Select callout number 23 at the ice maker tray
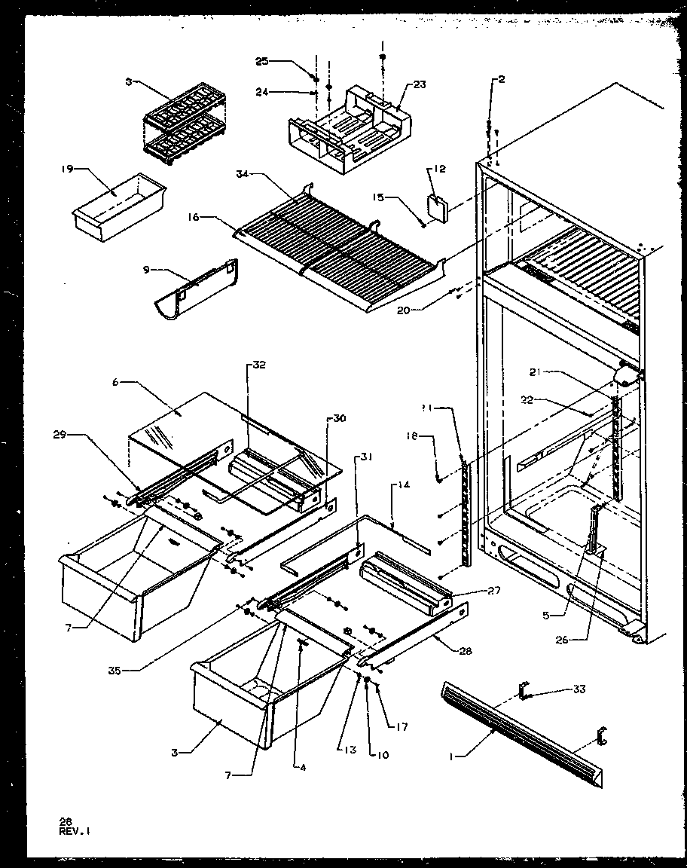(419, 85)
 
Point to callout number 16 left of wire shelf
(194, 216)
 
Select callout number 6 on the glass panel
(115, 382)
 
